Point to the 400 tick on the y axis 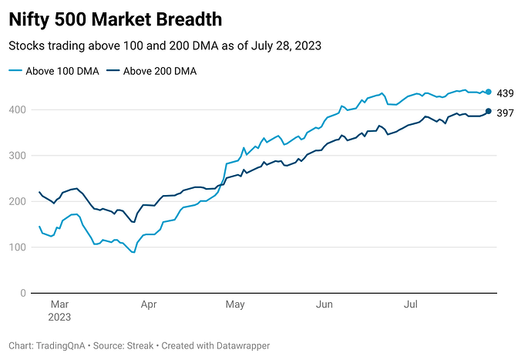pos(17,110)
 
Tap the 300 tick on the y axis pos(17,156)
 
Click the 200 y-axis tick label pos(17,202)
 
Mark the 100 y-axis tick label pos(17,247)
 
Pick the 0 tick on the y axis pos(23,294)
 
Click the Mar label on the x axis pos(60,305)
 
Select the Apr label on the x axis pos(149,305)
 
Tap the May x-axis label pos(235,305)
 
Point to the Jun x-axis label pos(324,305)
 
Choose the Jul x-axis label pos(411,305)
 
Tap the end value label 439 pos(506,93)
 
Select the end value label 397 pos(506,113)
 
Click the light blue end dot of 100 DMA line pos(489,92)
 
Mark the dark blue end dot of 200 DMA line pos(489,112)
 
